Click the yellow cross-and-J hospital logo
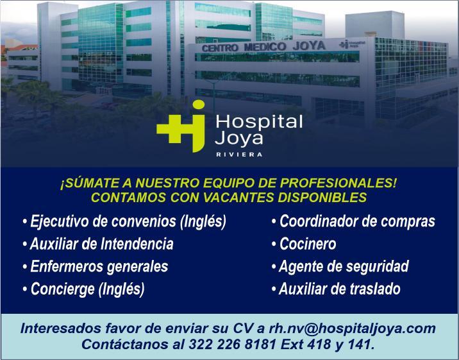click(x=181, y=126)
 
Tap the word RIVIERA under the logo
click(x=239, y=155)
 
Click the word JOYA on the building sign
click(x=309, y=46)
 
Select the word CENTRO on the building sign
click(x=220, y=47)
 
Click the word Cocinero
click(x=308, y=244)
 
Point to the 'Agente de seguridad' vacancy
click(x=344, y=267)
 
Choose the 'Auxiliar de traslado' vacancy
click(x=340, y=289)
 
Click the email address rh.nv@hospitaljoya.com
click(x=352, y=329)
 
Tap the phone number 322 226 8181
click(x=233, y=345)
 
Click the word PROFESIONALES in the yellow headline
click(x=337, y=183)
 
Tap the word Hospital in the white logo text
click(x=259, y=122)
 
